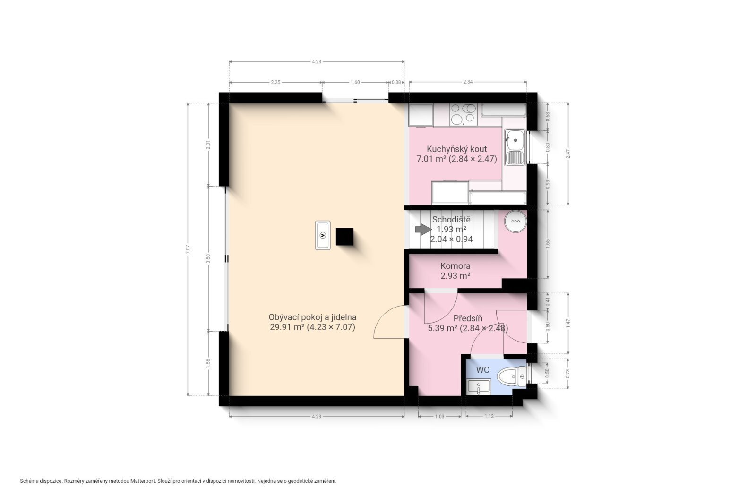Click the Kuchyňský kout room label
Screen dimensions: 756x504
coord(456,154)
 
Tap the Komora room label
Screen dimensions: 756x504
coord(455,271)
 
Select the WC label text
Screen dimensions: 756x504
coord(482,370)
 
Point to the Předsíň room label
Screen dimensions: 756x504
coord(468,323)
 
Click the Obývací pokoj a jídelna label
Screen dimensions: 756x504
coord(312,322)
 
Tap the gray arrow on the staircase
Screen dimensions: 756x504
coord(423,230)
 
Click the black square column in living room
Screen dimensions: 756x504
coord(344,237)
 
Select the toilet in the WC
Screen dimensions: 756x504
coord(512,376)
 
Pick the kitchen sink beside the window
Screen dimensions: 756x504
coord(515,147)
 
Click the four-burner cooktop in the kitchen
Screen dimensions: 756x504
coord(464,114)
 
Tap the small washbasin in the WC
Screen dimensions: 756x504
coord(479,386)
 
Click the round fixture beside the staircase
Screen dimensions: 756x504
coord(515,222)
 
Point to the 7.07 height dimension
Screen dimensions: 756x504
coord(188,249)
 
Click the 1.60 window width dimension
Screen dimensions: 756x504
coord(355,82)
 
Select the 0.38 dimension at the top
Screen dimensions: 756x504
coord(396,82)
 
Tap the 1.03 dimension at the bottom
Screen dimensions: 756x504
coord(439,416)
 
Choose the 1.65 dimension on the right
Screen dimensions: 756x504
coord(548,244)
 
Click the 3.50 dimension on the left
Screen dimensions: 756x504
coord(208,258)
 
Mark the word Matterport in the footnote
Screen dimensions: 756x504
coord(143,481)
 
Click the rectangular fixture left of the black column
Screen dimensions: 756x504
coord(323,235)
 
